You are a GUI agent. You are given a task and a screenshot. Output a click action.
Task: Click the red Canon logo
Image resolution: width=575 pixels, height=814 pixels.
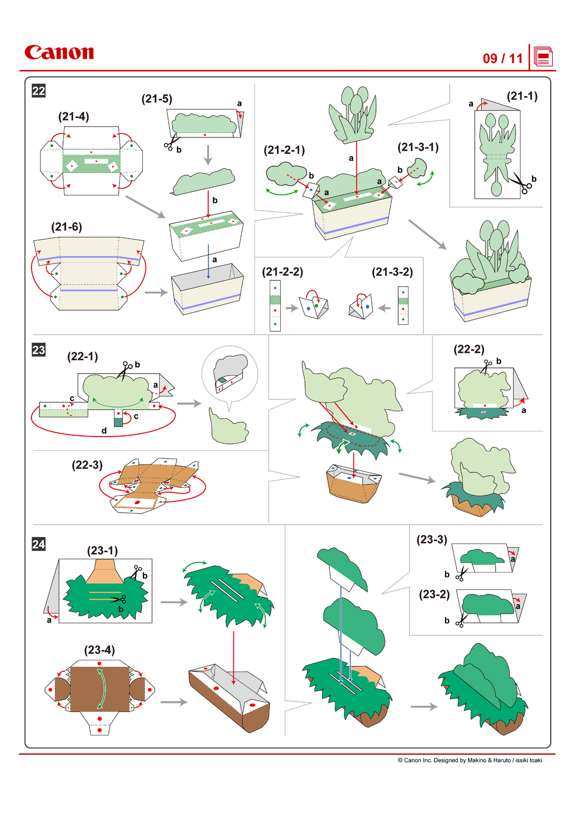coord(59,52)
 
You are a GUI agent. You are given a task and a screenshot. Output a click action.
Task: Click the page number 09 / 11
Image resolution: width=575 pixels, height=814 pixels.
coord(503,59)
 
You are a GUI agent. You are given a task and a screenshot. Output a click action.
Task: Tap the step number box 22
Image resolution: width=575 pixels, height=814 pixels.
coord(39,91)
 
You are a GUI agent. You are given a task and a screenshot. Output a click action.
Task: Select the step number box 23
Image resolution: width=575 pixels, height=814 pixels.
coord(39,350)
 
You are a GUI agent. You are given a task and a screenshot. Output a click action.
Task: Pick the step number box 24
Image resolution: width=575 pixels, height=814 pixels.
coord(39,544)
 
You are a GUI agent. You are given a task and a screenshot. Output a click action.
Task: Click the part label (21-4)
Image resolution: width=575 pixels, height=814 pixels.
coord(73,117)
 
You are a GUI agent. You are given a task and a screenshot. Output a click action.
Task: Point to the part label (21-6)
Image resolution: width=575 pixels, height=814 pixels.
coord(66,227)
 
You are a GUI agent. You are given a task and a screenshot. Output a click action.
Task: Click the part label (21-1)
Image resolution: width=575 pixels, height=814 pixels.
coord(522,96)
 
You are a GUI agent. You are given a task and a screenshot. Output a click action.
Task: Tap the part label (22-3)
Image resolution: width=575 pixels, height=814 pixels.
coord(87,465)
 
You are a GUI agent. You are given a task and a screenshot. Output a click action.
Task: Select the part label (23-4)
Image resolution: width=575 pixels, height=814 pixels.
coord(99,650)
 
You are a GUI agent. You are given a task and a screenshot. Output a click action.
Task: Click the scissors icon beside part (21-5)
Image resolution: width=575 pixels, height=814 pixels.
coord(171,143)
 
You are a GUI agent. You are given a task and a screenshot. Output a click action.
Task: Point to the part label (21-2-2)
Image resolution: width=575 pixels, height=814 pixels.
coord(283,272)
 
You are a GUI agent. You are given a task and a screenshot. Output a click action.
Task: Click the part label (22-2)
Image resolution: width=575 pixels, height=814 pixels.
coord(469,349)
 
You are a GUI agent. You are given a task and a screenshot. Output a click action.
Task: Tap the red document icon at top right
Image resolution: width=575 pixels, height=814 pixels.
coord(543,57)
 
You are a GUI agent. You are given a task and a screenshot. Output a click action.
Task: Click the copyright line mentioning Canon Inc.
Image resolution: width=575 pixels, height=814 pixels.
coord(470,760)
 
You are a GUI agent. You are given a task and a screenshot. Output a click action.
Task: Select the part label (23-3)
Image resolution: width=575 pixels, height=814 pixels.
coord(432,540)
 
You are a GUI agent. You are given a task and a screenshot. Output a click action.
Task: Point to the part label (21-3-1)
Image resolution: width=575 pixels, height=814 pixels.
coord(418,147)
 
